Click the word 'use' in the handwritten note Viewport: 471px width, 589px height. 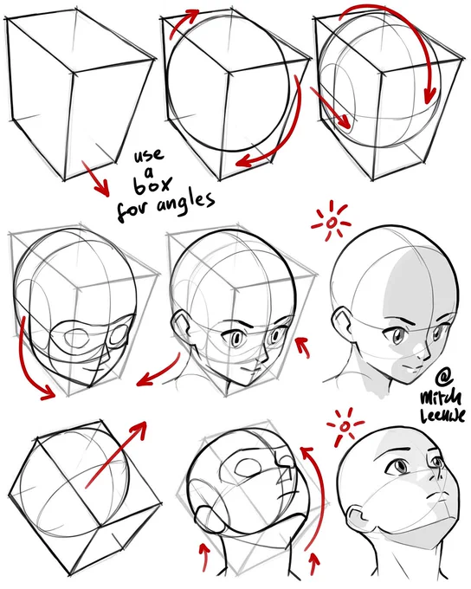(150, 155)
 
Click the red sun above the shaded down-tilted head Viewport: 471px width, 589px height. (331, 223)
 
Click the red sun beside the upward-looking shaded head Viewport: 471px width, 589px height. (345, 426)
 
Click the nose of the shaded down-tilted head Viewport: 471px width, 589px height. (423, 353)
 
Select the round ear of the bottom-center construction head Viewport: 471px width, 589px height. (210, 520)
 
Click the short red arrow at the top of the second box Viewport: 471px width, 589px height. (184, 23)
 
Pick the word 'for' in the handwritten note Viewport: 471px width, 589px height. (132, 210)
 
